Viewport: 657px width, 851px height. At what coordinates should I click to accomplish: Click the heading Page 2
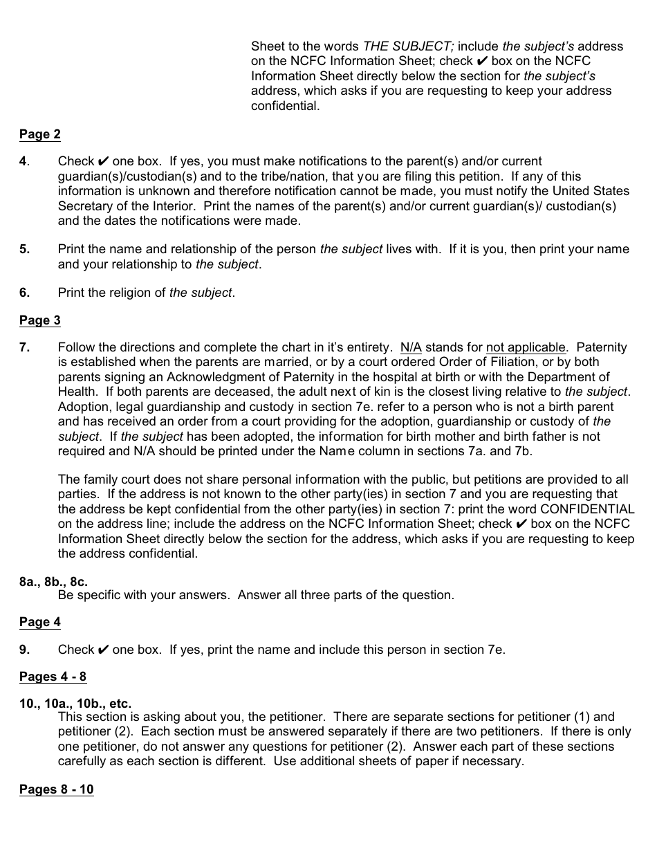(39, 134)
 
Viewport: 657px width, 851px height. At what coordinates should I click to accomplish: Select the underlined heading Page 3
(39, 320)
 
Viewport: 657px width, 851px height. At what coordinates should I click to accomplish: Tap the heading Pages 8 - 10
(56, 789)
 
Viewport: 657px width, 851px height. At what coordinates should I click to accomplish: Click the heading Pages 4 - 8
(53, 677)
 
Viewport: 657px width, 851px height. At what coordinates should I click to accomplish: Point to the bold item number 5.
(24, 249)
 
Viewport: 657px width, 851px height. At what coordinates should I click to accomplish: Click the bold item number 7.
(24, 347)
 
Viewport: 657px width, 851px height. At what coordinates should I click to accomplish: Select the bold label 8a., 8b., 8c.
(53, 582)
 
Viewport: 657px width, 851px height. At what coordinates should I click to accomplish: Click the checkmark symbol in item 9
(103, 650)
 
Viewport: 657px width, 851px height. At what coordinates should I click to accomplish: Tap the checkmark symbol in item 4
(103, 161)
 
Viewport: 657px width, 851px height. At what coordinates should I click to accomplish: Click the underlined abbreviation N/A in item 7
(411, 347)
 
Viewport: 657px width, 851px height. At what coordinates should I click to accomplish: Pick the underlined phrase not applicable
(526, 347)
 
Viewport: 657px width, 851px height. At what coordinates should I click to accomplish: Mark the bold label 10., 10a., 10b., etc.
(75, 704)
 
